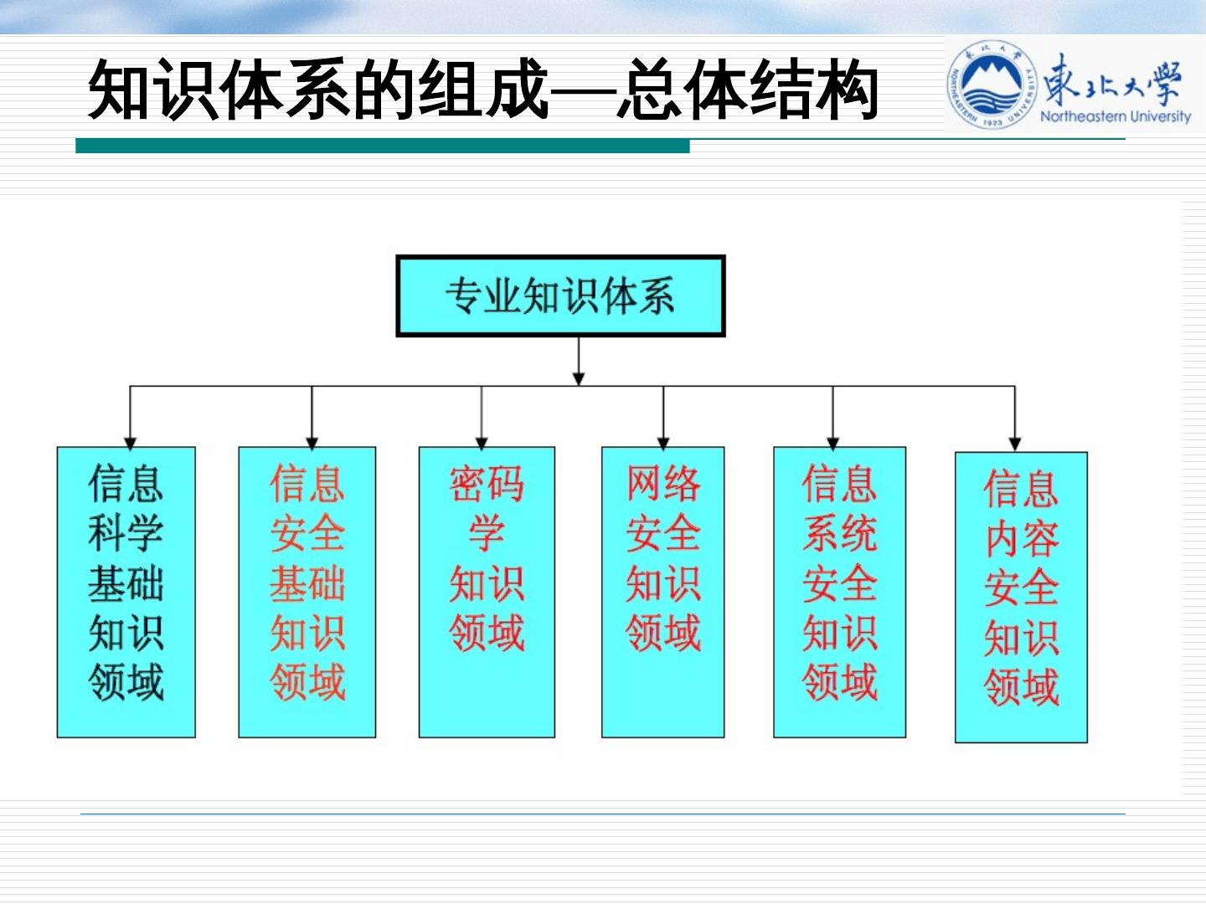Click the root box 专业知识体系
point(560,296)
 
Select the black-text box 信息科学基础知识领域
point(126,592)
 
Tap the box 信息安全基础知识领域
point(307,592)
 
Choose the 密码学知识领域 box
point(487,592)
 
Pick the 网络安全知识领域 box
point(662,592)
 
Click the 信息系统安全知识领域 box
point(839,592)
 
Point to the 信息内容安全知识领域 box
point(1021,597)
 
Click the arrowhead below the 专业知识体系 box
point(578,378)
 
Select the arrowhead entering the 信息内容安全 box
point(1015,444)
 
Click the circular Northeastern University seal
point(992,85)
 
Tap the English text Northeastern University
point(1115,116)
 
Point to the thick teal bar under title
point(382,146)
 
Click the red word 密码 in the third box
point(487,484)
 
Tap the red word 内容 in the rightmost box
point(1022,539)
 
